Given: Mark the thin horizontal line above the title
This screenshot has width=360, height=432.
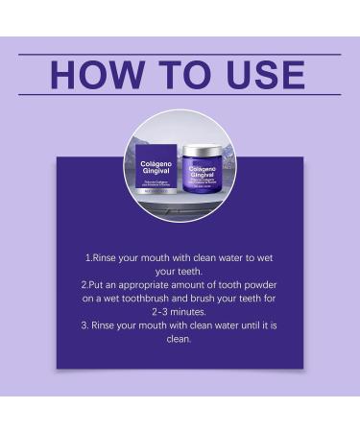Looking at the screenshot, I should (x=180, y=54).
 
